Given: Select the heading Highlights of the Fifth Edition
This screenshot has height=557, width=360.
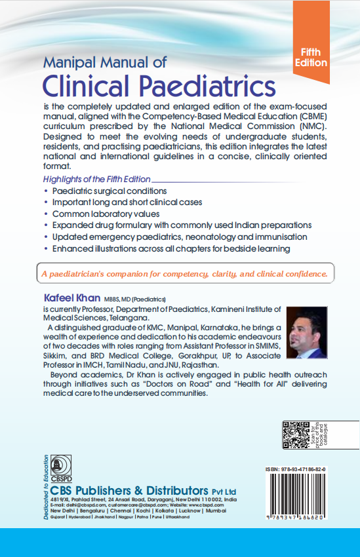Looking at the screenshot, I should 96,179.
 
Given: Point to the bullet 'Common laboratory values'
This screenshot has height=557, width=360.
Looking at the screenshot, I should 106,214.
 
